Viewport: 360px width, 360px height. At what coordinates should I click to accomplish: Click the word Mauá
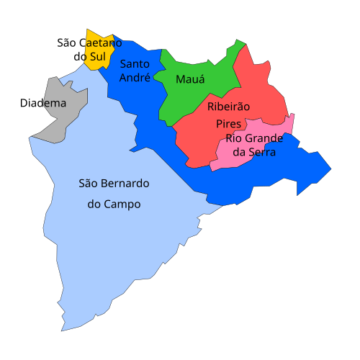click(190, 79)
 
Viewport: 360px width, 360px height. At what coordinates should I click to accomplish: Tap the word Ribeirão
click(228, 107)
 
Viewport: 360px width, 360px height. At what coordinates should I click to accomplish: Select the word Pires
click(229, 124)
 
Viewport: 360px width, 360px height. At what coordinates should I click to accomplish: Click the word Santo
click(135, 63)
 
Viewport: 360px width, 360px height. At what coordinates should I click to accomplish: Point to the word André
click(135, 77)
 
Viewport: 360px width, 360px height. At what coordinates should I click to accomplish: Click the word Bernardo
click(125, 183)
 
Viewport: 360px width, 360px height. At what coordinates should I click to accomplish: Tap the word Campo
click(122, 204)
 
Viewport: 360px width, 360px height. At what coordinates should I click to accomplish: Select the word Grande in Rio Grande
click(264, 138)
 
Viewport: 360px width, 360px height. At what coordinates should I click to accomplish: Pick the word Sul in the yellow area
click(97, 56)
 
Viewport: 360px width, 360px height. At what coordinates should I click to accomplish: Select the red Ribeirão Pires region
click(202, 137)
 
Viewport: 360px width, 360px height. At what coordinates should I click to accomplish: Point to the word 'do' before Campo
click(94, 204)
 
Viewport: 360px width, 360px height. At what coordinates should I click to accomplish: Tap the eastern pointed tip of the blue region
click(330, 171)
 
